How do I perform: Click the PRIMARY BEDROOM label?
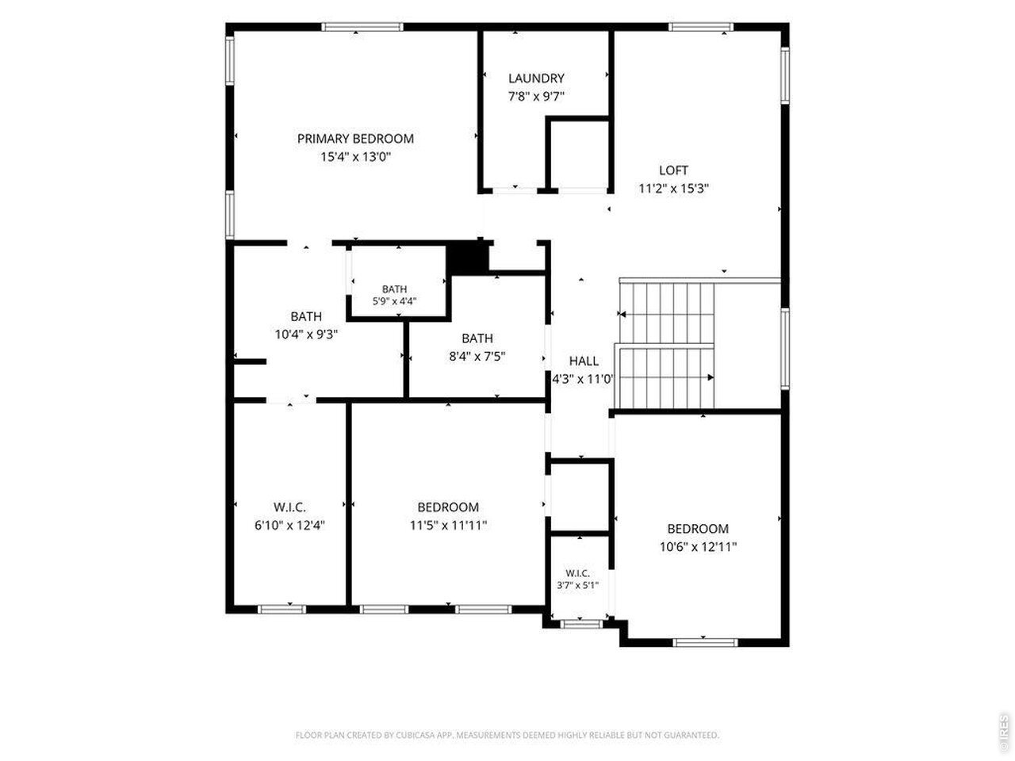click(355, 139)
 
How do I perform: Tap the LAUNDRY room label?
click(536, 78)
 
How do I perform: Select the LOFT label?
click(673, 170)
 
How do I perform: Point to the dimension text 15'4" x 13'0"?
click(355, 157)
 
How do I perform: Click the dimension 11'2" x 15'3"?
click(674, 189)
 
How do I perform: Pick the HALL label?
click(584, 361)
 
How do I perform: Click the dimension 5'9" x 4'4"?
click(394, 301)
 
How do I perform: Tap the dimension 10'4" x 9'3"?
click(306, 334)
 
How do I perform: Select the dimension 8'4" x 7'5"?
click(477, 356)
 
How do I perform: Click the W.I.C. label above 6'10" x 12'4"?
click(289, 507)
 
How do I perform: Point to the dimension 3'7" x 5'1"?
click(577, 586)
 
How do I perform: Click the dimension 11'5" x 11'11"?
click(448, 526)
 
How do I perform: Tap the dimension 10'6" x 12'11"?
click(698, 547)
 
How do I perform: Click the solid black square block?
click(468, 258)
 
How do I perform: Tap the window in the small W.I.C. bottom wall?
click(582, 624)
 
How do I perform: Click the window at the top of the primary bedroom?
click(362, 27)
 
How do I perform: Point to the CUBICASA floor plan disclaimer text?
click(507, 735)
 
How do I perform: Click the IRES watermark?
click(1003, 732)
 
